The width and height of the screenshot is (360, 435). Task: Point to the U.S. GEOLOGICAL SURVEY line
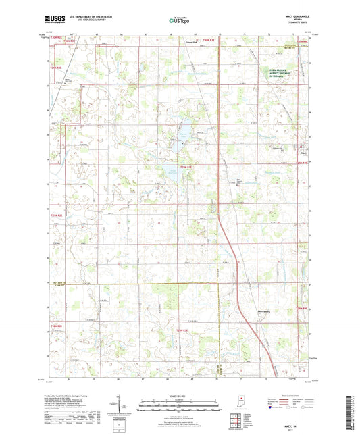click(86, 22)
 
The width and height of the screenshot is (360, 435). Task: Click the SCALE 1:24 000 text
click(180, 396)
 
